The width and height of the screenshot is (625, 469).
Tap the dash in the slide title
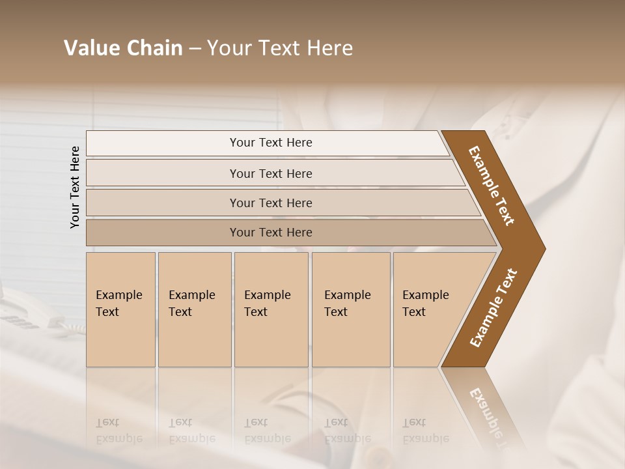coord(195,49)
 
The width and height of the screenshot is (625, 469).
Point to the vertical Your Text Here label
coord(75,187)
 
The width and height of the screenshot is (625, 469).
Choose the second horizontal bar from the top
coord(270,173)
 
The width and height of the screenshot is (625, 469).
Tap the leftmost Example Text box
coord(120,309)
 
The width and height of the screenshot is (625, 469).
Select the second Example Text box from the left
coord(194,309)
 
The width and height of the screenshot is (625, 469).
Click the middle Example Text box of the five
coord(271,309)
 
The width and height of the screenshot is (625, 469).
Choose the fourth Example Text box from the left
coord(350,309)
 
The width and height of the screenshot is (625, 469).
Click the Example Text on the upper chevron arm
coord(492,185)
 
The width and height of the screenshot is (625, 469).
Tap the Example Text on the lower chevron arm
coord(493,307)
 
